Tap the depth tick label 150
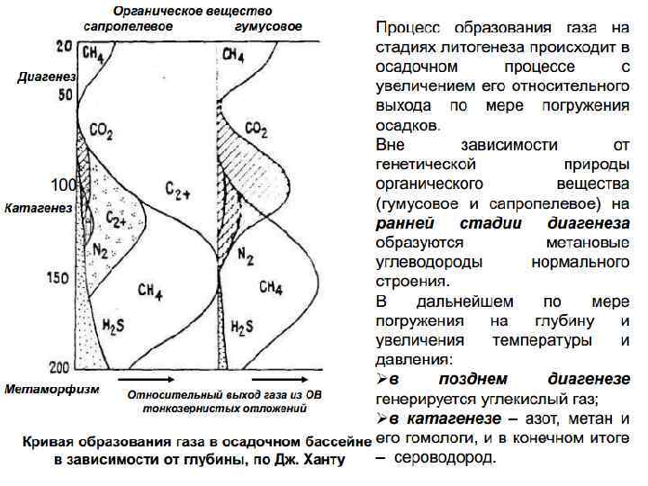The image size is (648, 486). click(x=58, y=278)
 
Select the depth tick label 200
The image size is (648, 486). click(x=58, y=367)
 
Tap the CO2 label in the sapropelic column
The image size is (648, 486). click(x=101, y=133)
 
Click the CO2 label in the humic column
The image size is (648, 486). click(x=256, y=130)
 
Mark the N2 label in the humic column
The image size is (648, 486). click(x=244, y=255)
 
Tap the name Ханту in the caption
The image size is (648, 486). click(x=322, y=459)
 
